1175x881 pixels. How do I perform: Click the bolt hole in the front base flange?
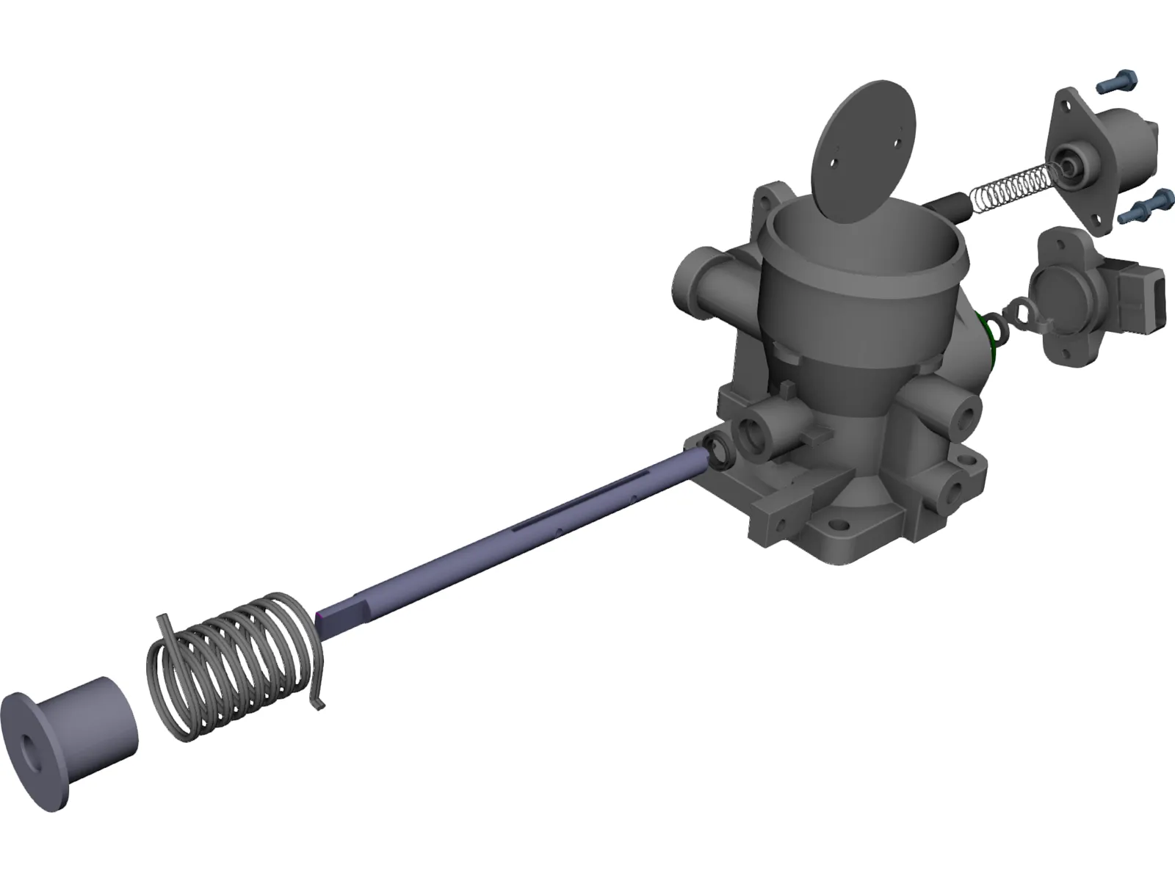(836, 526)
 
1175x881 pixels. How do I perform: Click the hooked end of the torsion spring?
(317, 697)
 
